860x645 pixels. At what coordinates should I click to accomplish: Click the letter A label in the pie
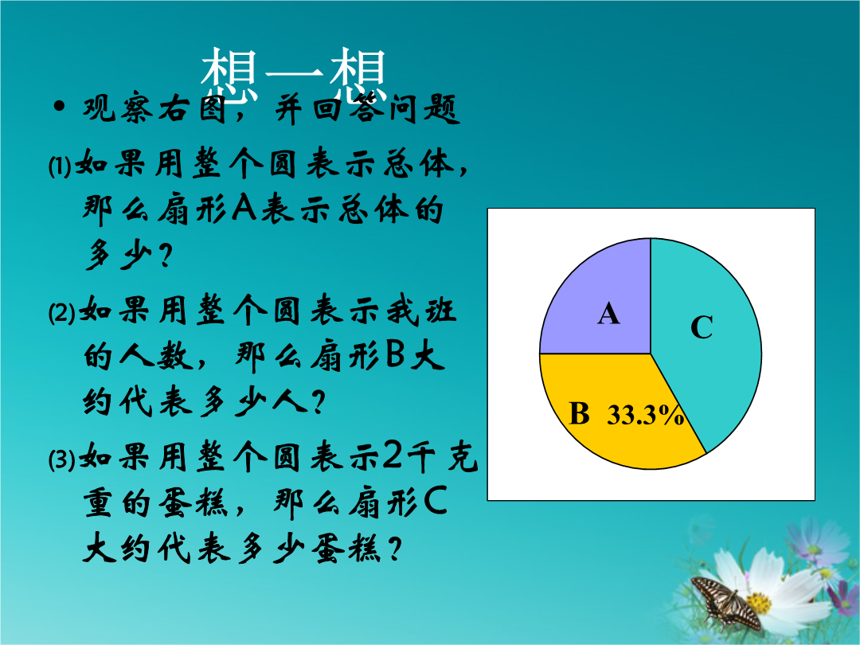click(x=609, y=315)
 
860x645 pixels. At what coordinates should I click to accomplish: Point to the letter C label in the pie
click(x=702, y=327)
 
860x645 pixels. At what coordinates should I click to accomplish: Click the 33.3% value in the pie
click(x=646, y=415)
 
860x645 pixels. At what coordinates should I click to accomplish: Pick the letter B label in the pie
click(x=579, y=413)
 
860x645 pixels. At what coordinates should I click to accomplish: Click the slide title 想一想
click(x=294, y=73)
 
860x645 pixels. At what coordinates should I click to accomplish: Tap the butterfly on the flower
click(x=725, y=602)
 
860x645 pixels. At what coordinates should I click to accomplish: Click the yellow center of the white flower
click(x=759, y=603)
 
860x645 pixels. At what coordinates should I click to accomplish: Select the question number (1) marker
click(x=60, y=166)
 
